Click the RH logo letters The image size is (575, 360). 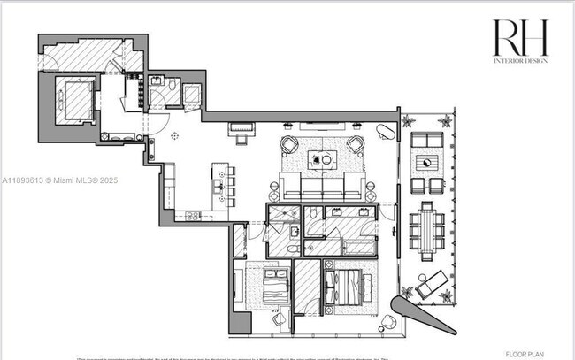coord(520,38)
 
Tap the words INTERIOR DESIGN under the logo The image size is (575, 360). coord(521,60)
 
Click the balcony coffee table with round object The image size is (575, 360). coord(429,163)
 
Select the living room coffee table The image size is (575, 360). coord(322,160)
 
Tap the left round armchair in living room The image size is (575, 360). coord(289,145)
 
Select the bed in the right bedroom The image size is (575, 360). coord(346,288)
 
